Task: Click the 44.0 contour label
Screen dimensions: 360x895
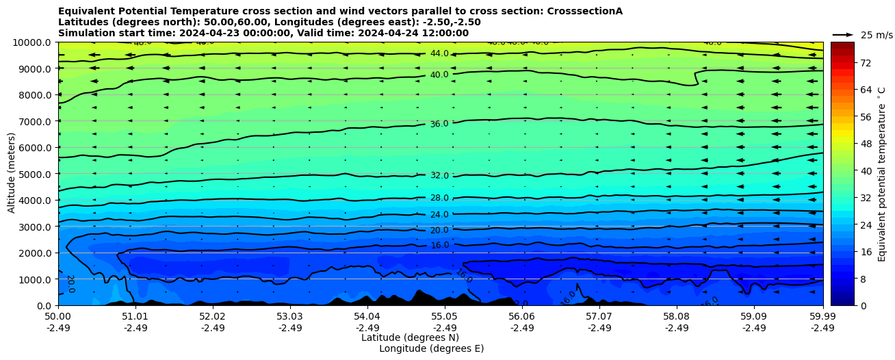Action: (x=439, y=53)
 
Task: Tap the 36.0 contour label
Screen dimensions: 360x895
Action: (x=439, y=124)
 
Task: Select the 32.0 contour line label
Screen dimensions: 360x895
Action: (x=439, y=176)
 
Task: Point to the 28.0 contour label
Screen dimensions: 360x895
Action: (x=439, y=198)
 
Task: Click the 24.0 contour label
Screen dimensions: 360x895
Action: (x=439, y=215)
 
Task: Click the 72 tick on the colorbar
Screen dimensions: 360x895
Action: (x=865, y=63)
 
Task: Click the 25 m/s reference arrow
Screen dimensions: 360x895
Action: (x=843, y=34)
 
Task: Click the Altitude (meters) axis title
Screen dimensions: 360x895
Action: (x=12, y=174)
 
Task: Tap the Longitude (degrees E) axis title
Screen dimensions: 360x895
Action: (x=431, y=348)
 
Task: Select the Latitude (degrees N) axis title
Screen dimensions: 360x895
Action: (x=410, y=337)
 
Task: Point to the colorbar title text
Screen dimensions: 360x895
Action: (x=882, y=174)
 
